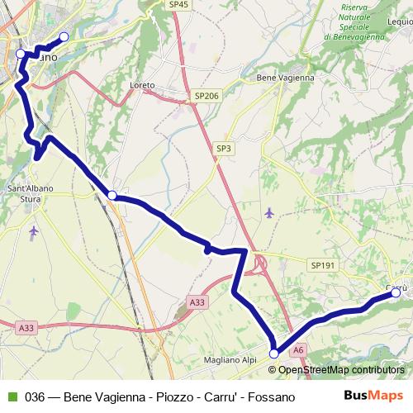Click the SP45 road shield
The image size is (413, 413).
click(x=179, y=4)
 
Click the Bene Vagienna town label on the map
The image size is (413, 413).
click(x=280, y=78)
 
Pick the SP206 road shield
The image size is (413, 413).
click(x=207, y=97)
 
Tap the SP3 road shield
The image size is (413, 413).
click(x=225, y=148)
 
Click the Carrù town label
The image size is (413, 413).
click(x=396, y=287)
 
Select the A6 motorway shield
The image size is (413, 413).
click(x=299, y=349)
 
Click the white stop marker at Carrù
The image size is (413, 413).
click(x=396, y=293)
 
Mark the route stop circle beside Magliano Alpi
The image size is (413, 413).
click(x=274, y=354)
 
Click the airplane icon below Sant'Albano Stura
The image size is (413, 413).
click(x=33, y=230)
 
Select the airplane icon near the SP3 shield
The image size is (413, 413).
click(x=270, y=213)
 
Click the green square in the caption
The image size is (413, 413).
click(x=12, y=396)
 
